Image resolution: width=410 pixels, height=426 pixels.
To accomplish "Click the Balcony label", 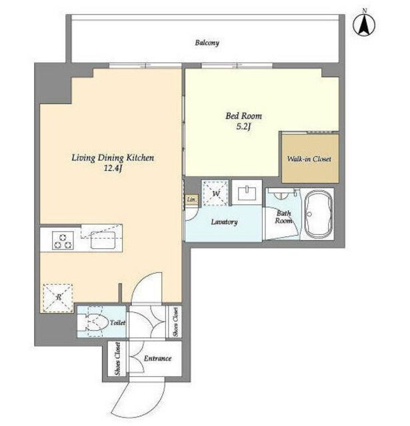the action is pos(207,43).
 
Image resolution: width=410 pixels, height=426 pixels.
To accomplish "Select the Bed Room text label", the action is pos(243,116).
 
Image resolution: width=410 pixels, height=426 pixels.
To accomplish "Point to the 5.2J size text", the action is pos(243,126).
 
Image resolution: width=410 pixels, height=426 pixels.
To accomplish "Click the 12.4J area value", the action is pos(113,168).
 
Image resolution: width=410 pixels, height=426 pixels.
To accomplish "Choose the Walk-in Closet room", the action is pos(310,158).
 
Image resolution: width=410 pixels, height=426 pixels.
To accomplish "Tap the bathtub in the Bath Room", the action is pos(317,214).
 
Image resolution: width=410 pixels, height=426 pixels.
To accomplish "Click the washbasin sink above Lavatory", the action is pos(247,193).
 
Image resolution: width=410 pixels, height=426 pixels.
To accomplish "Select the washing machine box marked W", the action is pos(215,193).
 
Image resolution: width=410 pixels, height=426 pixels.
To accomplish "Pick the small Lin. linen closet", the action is pos(192,200).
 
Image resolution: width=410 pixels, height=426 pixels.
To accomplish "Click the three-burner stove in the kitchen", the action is pos(63,240).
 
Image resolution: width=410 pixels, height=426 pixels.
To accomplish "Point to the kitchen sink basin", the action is pos(103,240).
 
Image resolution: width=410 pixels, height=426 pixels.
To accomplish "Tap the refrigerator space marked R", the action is pos(58,298).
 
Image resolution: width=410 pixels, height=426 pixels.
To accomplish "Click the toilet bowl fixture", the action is pos(92,322).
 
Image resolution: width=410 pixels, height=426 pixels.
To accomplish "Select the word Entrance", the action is pos(157,358).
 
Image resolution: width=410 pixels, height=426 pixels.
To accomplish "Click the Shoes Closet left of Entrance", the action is pos(117,359).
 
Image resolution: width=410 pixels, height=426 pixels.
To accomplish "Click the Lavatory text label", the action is pos(224,222).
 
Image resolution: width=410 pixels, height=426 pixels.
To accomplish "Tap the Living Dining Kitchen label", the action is pos(113,158).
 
